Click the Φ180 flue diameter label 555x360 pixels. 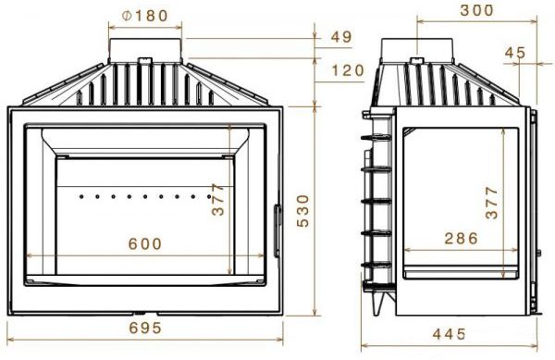tap(144, 16)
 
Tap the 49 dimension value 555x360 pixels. tap(341, 37)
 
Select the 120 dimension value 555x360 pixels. tap(348, 70)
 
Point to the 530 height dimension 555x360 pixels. tap(303, 211)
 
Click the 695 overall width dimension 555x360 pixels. tap(145, 329)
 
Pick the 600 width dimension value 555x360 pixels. tap(145, 244)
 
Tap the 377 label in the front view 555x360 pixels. tap(218, 199)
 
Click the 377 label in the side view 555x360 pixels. tap(492, 203)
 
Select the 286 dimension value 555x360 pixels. tap(461, 238)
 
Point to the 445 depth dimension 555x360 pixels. tap(450, 334)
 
